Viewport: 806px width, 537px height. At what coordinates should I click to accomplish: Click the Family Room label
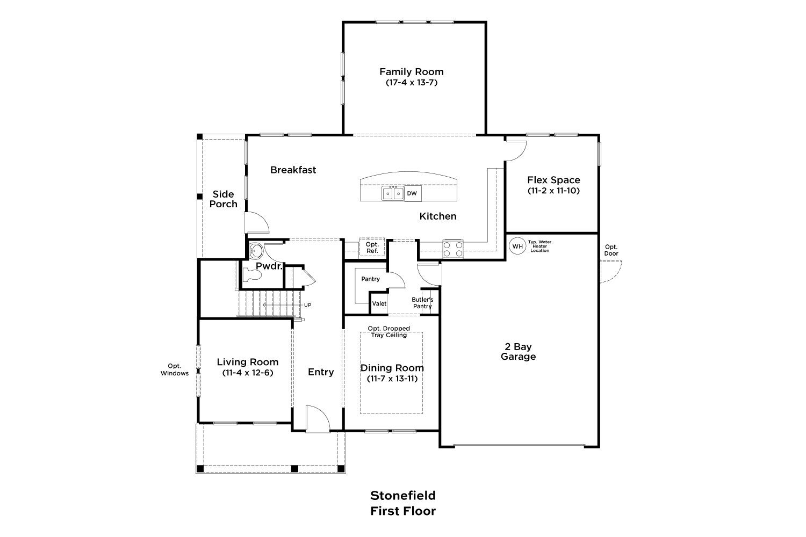pos(411,72)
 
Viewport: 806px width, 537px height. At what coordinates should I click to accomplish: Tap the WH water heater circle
pos(517,246)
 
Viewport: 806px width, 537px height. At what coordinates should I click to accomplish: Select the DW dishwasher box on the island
pos(412,193)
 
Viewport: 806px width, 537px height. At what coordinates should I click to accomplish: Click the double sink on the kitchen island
pos(393,193)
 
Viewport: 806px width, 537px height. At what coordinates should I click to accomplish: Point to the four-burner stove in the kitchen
pos(452,249)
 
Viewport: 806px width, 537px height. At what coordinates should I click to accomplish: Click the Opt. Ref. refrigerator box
pos(372,248)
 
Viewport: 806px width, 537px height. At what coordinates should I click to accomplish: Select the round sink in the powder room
pos(256,250)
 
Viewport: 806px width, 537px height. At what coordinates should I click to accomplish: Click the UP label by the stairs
pos(308,305)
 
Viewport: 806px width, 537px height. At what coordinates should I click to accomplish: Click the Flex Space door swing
pos(516,150)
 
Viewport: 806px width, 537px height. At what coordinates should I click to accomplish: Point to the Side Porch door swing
pos(256,223)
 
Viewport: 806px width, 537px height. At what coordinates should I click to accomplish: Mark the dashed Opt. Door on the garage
pos(610,271)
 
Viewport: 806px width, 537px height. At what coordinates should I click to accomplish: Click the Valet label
pos(379,303)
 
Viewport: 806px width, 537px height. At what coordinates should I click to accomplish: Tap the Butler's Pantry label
pos(422,303)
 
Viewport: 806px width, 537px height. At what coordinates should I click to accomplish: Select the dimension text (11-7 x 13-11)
pos(392,379)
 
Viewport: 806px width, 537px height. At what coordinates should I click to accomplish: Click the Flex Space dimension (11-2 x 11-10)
pos(554,191)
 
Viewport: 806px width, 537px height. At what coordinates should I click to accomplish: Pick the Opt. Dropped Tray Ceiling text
pos(389,332)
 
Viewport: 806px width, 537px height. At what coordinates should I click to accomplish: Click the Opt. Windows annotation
pos(175,370)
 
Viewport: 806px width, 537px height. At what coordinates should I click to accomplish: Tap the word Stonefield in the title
pos(403,496)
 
